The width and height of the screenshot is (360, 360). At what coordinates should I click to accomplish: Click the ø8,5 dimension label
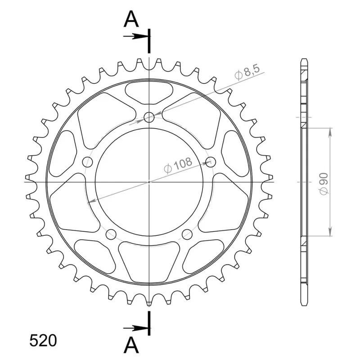point(247,72)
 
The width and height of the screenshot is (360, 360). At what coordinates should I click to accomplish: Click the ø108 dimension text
point(178,165)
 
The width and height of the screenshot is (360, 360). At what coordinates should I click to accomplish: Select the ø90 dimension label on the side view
point(324,184)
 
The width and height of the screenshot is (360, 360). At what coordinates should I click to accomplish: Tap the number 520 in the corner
point(43,340)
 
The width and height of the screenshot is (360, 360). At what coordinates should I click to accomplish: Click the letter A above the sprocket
point(131,19)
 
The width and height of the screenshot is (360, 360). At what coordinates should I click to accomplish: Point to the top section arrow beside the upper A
point(135,36)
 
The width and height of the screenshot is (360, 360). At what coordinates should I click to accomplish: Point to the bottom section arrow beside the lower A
point(135,328)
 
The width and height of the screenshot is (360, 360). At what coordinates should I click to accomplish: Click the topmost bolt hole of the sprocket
point(149,117)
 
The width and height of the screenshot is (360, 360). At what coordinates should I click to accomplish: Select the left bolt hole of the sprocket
point(87,162)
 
